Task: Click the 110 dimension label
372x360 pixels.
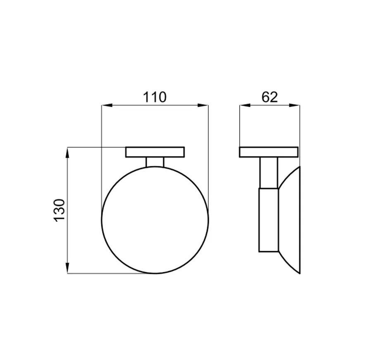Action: (155, 97)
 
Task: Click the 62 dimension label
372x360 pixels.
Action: (269, 97)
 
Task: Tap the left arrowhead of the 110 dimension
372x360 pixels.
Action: (107, 105)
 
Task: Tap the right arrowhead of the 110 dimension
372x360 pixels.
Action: (203, 105)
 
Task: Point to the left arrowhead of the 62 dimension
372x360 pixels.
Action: (245, 105)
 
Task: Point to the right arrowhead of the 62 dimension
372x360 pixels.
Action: (294, 105)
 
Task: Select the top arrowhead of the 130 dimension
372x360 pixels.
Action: (68, 153)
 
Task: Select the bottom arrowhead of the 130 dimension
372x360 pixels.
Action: (68, 268)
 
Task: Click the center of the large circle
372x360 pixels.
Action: (155, 220)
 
